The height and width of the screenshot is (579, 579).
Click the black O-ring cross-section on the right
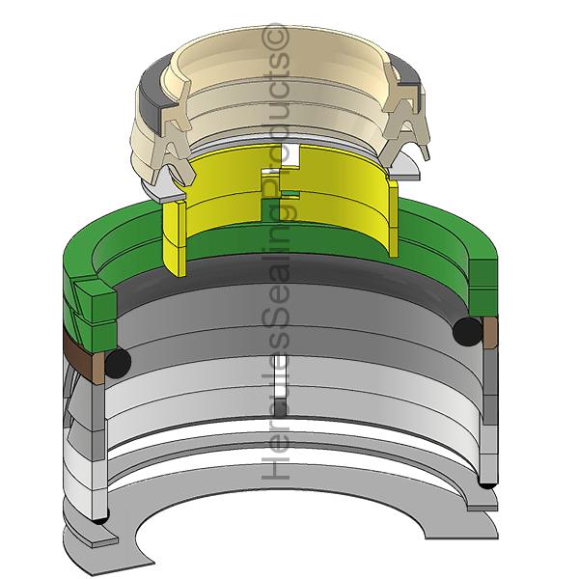(467, 331)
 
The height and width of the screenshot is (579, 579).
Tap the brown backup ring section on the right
(490, 332)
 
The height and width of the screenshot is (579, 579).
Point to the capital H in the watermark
(275, 464)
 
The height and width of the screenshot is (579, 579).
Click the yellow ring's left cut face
(175, 238)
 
